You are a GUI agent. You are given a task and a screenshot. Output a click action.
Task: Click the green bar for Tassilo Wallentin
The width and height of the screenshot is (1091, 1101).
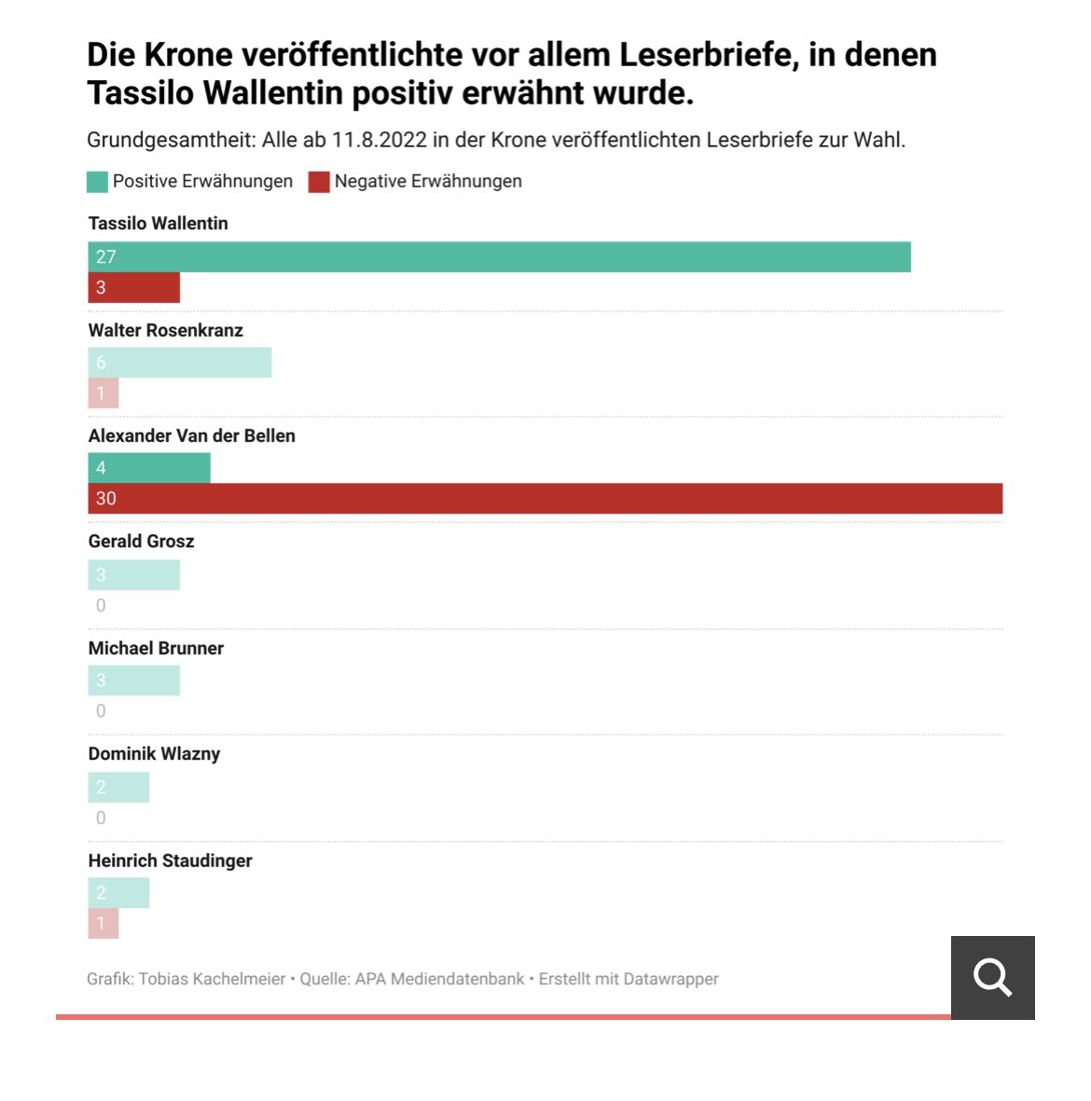coord(499,257)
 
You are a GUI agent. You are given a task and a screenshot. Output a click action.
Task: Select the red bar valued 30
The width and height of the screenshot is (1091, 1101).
coord(545,499)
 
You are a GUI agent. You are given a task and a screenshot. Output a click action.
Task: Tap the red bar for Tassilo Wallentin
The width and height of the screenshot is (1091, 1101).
coord(133,288)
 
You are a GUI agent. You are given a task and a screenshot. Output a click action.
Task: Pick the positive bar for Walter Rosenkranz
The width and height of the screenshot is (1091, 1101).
coord(179,363)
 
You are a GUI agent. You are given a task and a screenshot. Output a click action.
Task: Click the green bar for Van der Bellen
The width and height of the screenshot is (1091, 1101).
coord(149,468)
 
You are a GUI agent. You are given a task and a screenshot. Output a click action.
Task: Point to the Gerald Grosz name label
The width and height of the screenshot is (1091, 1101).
coord(141,542)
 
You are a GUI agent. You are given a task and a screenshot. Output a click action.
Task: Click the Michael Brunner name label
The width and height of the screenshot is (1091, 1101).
coord(156,648)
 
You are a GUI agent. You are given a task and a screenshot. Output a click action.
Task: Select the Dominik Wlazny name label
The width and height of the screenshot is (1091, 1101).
coord(154,754)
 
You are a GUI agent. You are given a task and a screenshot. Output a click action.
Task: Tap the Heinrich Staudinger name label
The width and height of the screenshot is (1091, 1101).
coord(170,860)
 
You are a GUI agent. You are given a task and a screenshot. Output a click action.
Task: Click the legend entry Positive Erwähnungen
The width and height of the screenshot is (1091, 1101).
coord(201,182)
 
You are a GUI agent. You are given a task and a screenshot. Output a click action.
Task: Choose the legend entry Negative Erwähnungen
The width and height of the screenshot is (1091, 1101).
coord(427,182)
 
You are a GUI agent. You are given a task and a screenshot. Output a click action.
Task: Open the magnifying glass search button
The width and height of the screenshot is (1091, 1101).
coord(992,978)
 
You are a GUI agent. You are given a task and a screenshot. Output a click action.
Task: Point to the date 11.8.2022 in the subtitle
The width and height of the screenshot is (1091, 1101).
coord(379,141)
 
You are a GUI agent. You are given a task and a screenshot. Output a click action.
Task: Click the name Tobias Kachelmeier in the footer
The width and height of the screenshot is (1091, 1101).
coord(212,979)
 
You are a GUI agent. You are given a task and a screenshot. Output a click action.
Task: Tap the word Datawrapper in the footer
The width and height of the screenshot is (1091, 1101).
coord(670,979)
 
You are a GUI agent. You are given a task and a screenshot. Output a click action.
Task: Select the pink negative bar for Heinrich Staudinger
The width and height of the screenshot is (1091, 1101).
coord(104,924)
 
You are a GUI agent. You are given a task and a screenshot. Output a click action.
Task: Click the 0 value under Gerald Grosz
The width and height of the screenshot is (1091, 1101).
coord(101,606)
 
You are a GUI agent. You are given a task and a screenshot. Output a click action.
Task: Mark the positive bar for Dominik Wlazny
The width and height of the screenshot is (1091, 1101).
coord(118,788)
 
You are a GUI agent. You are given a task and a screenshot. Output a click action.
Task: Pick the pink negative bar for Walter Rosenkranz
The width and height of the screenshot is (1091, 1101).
coord(104,393)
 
